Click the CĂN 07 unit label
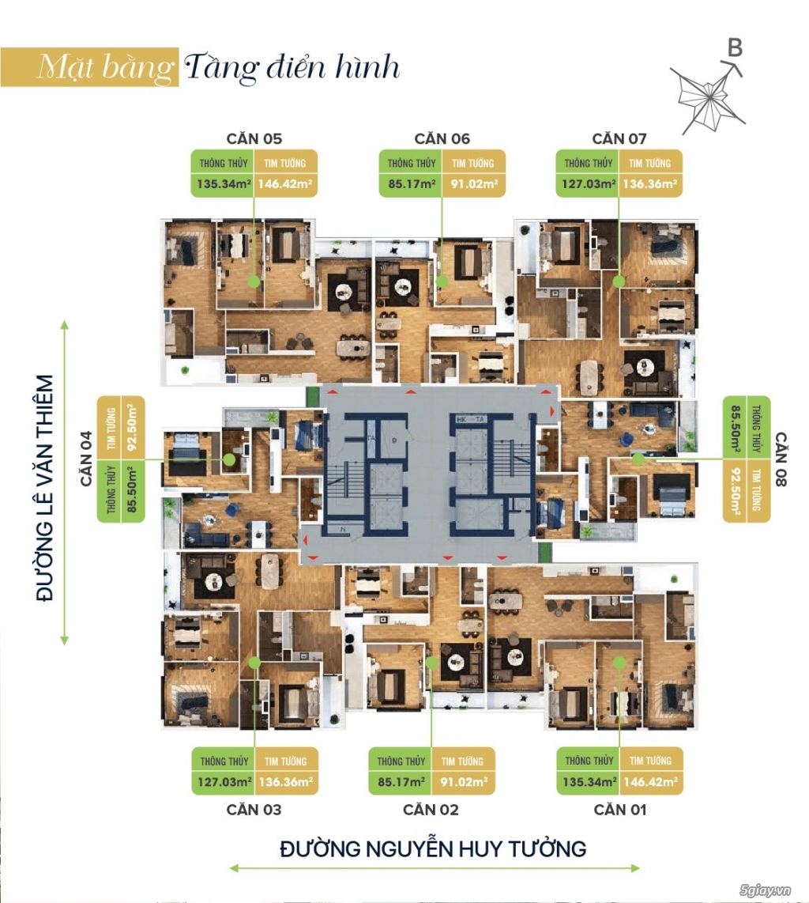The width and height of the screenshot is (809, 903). click(x=619, y=138)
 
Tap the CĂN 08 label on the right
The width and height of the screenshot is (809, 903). click(x=781, y=459)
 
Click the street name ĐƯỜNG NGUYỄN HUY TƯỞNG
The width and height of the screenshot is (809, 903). click(x=433, y=849)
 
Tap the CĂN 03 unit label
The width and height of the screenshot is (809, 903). click(x=254, y=810)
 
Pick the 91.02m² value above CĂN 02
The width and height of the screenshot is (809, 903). click(x=462, y=784)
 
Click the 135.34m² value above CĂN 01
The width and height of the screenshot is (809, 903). click(x=589, y=784)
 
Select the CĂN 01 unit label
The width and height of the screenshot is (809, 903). click(x=619, y=810)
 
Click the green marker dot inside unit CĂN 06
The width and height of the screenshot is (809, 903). click(x=442, y=281)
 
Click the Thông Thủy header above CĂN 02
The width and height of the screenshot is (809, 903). click(x=401, y=761)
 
